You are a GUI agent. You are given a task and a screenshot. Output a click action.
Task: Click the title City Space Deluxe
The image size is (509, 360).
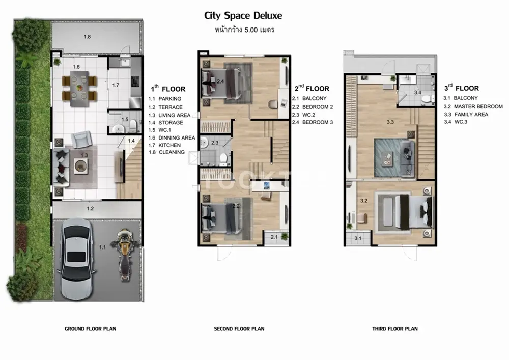point(243,16)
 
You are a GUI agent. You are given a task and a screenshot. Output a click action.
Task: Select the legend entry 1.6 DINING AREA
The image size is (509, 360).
point(172,137)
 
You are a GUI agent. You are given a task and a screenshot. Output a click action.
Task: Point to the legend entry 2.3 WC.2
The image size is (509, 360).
point(303,115)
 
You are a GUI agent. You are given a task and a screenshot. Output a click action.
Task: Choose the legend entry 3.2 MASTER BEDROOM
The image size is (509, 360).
point(473,106)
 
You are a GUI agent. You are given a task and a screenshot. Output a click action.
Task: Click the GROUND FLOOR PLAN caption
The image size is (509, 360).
point(90,329)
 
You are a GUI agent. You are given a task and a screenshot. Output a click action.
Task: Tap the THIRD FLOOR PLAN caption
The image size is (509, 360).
point(395,329)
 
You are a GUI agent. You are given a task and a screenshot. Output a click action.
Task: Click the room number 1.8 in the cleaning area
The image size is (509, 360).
point(87,37)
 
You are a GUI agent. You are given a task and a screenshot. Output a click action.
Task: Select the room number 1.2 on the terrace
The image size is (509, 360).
point(90,208)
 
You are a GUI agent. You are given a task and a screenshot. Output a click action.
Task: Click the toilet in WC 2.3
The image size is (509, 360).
point(223,158)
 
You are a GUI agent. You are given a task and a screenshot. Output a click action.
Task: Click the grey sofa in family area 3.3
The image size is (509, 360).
point(407,157)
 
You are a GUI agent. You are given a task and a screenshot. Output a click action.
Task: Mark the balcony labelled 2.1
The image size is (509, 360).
point(276,237)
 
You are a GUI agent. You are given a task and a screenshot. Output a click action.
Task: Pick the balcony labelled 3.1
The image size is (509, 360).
point(358,238)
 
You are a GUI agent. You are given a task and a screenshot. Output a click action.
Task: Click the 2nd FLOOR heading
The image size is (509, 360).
point(312,88)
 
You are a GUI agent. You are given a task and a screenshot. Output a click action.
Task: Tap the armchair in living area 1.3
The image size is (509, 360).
point(81,139)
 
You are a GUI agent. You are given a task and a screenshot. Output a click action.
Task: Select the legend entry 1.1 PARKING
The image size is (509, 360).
point(165,99)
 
